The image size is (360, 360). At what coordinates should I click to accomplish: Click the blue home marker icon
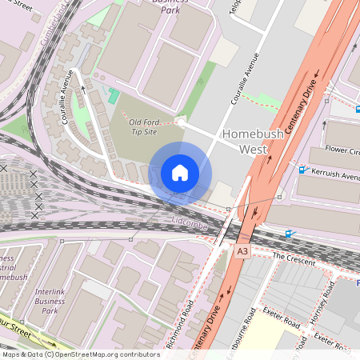pyautogui.click(x=180, y=173)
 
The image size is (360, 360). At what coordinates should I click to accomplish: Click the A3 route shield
pyautogui.click(x=242, y=251)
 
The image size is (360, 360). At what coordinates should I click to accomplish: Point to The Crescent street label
pyautogui.click(x=290, y=257)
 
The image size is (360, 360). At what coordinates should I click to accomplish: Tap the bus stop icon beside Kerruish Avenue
pyautogui.click(x=302, y=170)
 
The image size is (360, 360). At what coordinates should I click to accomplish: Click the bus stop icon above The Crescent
pyautogui.click(x=290, y=234)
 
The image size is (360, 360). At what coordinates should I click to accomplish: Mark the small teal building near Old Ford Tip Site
pyautogui.click(x=114, y=97)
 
